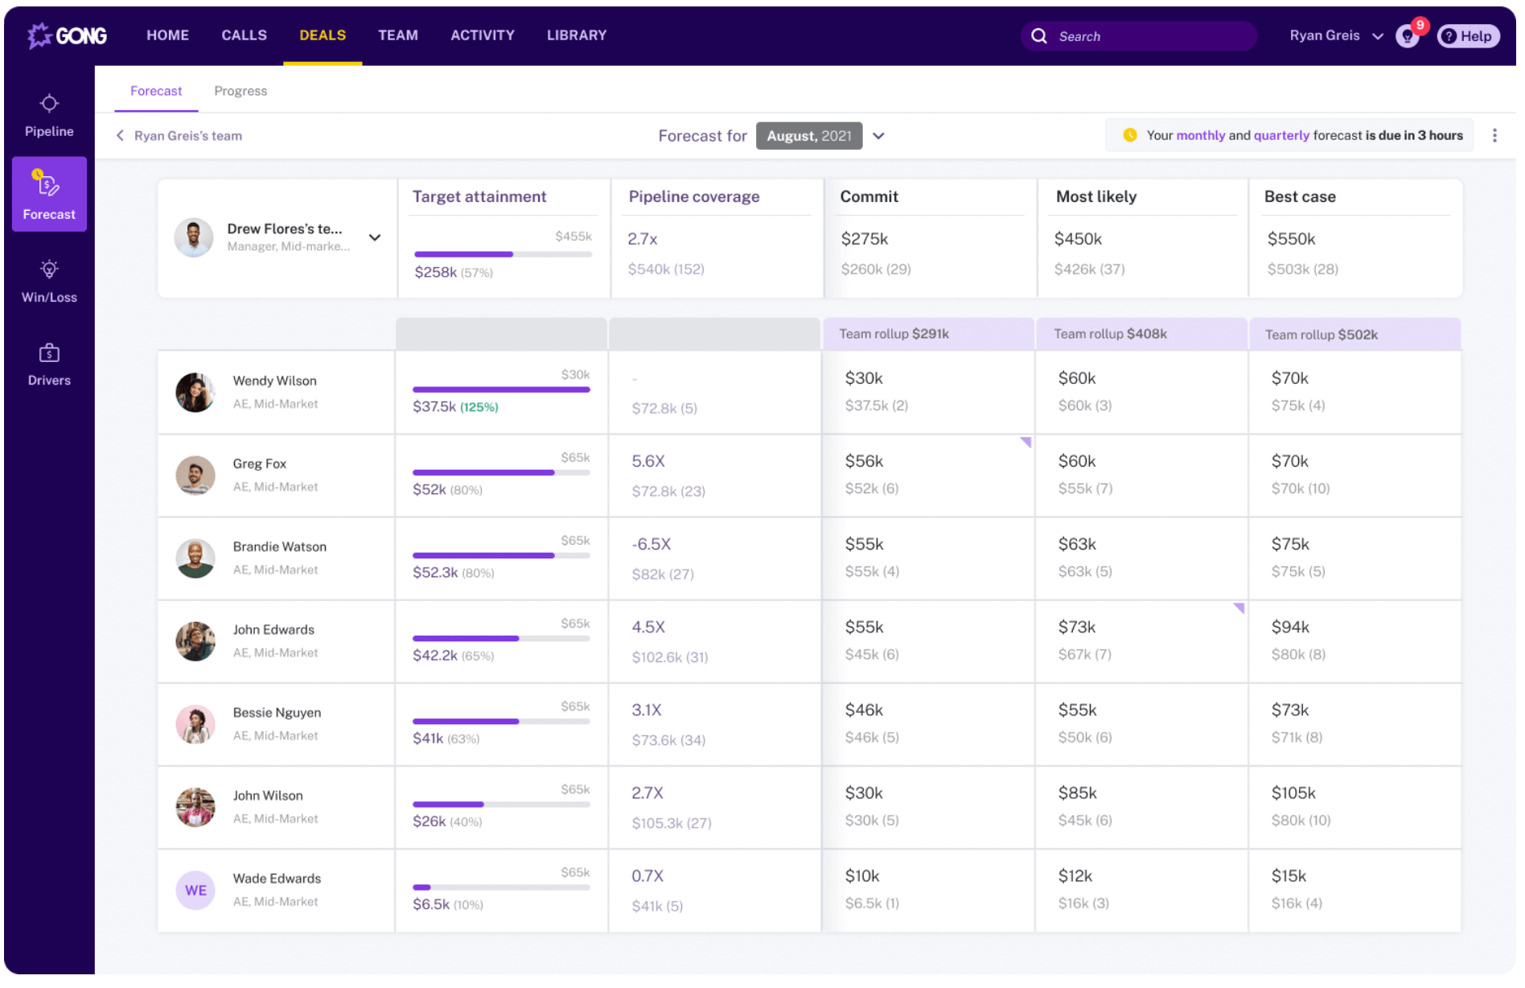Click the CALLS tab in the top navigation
point(244,35)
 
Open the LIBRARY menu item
point(577,35)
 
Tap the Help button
point(1468,36)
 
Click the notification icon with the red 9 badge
point(1408,35)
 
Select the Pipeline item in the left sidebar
point(49,116)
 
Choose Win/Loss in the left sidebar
point(49,281)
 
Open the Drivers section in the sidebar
point(49,364)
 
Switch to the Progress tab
point(240,91)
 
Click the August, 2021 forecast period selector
point(809,136)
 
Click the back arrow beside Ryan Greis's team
point(120,136)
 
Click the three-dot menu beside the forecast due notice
point(1494,136)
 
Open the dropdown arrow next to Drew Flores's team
point(375,237)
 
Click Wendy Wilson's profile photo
point(195,393)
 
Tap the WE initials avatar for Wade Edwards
point(195,891)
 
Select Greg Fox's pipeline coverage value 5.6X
point(648,461)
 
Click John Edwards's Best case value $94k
point(1290,627)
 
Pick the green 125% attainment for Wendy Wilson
point(479,407)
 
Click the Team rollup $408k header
point(1110,334)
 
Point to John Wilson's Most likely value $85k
point(1077,793)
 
